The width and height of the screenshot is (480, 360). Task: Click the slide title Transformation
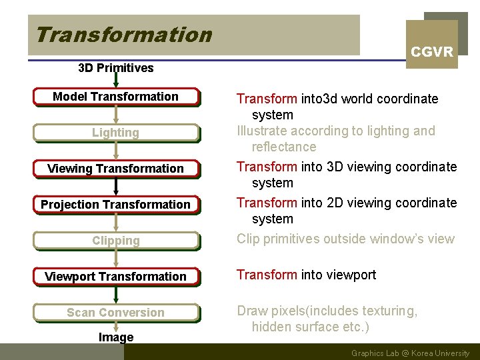click(123, 34)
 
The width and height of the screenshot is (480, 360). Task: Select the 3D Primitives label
click(115, 67)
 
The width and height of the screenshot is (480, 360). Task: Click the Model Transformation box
click(115, 97)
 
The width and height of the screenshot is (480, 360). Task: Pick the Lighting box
click(115, 133)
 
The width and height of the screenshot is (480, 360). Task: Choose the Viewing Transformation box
click(115, 169)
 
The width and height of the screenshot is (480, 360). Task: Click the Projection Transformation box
click(115, 205)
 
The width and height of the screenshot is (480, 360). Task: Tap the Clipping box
click(115, 241)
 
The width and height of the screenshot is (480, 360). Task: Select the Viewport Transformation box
click(115, 277)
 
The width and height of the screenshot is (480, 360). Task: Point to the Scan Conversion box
click(115, 313)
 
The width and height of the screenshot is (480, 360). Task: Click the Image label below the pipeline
click(116, 337)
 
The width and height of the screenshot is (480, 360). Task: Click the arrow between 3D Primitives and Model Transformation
click(116, 81)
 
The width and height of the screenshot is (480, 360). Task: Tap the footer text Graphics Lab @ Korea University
click(410, 353)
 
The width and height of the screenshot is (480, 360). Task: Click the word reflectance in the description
click(284, 147)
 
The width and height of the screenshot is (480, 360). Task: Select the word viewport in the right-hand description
click(351, 275)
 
